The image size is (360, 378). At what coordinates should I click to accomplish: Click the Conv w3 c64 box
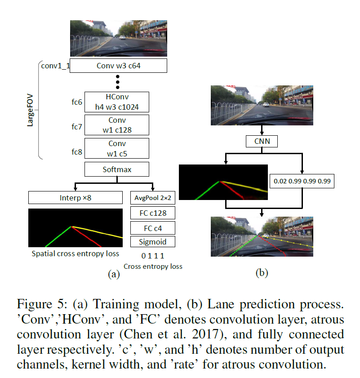118,66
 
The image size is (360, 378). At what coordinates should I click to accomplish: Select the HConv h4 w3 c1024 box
116,102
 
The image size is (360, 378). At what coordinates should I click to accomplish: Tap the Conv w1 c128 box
116,125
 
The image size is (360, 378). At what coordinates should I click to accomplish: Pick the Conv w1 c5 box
116,148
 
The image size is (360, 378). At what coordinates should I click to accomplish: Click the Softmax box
116,169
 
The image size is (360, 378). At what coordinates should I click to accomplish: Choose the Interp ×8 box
75,198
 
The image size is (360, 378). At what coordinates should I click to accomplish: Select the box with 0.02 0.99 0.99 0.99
302,181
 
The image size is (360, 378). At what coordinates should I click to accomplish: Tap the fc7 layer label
76,126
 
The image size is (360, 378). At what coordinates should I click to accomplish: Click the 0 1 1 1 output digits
153,256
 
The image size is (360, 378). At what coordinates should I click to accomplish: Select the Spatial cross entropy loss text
75,253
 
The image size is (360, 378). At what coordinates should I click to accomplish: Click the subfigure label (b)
261,272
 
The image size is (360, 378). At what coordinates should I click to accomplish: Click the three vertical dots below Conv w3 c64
118,82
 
